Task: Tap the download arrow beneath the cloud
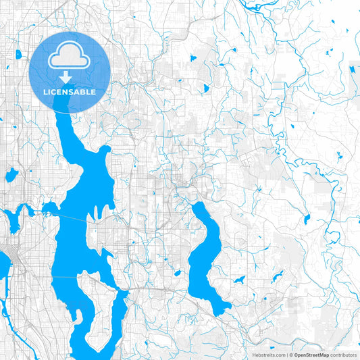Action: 70,78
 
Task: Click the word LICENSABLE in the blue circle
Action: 70,92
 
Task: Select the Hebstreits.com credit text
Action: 269,354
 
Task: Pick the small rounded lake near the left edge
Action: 11,176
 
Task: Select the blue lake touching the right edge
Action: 354,69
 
